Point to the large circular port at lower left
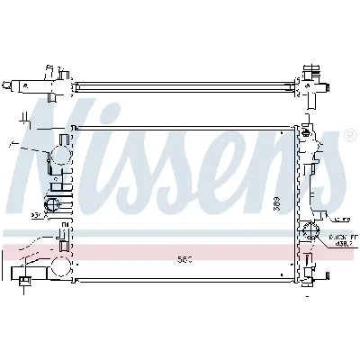click(60, 266)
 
